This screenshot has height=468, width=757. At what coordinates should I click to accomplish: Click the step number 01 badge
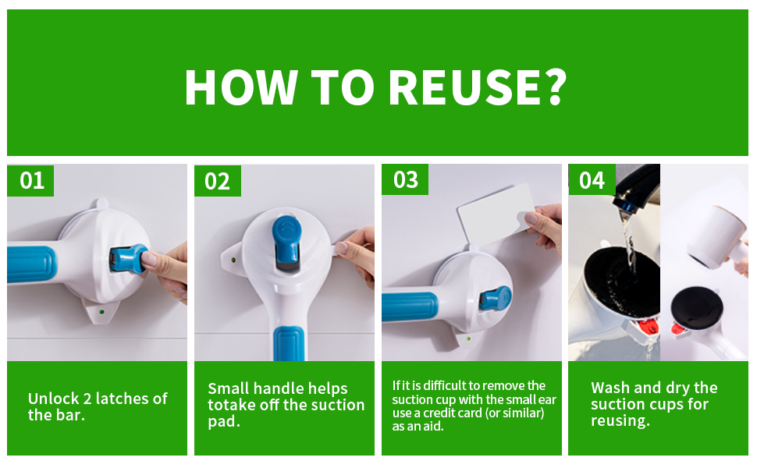(x=30, y=180)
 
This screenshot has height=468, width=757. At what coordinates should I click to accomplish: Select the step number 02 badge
(x=217, y=181)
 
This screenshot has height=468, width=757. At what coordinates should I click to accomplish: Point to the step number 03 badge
(x=404, y=179)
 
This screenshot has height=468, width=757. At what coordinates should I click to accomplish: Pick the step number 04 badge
(x=592, y=180)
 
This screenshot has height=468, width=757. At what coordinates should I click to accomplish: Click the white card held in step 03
(x=496, y=213)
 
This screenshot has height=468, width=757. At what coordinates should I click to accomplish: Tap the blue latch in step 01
(x=128, y=259)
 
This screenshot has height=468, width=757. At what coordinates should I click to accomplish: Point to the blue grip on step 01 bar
(x=31, y=264)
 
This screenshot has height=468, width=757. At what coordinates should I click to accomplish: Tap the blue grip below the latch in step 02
(x=290, y=343)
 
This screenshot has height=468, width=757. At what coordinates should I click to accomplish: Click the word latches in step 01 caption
(x=123, y=399)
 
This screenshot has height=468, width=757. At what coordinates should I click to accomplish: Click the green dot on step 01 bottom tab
(x=101, y=312)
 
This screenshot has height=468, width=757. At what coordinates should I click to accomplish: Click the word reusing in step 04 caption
(x=620, y=420)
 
